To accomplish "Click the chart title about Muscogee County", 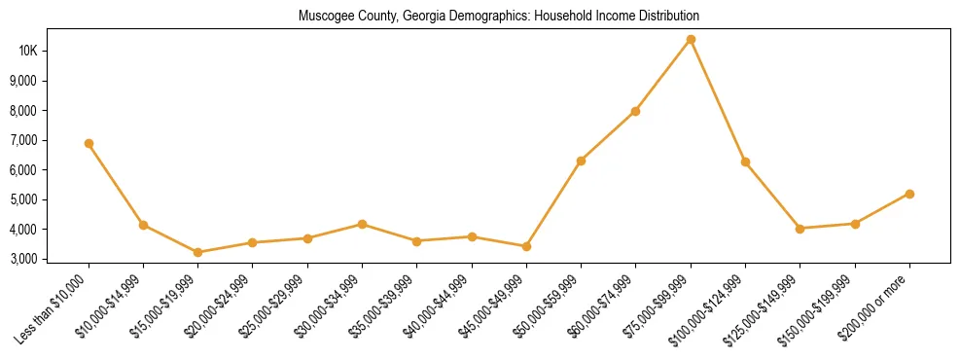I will click(x=498, y=16).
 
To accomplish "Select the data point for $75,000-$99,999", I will click(x=691, y=40).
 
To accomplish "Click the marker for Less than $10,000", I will click(x=89, y=144).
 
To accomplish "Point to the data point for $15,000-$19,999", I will click(x=197, y=252).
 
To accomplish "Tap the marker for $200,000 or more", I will click(x=909, y=194).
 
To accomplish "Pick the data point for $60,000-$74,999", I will click(x=635, y=111).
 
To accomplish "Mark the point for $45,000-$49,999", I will click(x=526, y=246).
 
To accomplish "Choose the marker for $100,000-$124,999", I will click(x=745, y=162).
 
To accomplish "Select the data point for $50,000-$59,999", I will click(x=581, y=161).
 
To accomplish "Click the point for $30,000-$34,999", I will click(x=362, y=224).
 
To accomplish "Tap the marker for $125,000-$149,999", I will click(x=800, y=229).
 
